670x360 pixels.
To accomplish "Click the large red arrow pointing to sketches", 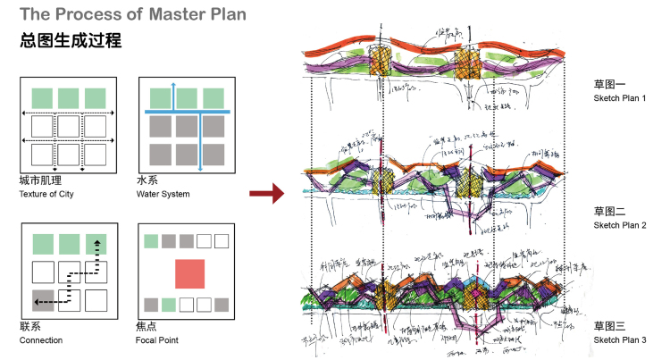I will tap(265, 193).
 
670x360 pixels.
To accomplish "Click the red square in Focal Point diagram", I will tap(190, 274).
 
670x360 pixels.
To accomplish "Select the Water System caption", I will tap(163, 193).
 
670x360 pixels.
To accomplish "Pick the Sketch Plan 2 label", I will tap(619, 224).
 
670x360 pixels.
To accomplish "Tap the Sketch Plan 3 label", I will tap(619, 340).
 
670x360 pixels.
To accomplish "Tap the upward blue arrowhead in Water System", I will tap(174, 84).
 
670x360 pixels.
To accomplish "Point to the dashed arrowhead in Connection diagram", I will tap(97, 242).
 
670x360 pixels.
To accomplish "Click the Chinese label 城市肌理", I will tap(38, 180).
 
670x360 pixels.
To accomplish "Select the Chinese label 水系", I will tap(147, 180).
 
